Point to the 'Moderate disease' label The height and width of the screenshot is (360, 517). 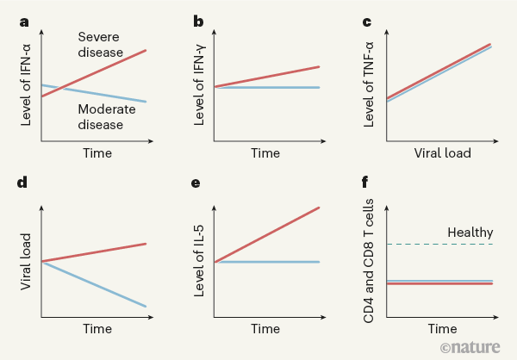(112, 116)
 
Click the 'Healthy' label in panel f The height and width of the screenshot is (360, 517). (470, 233)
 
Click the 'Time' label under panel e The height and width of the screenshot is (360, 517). (265, 329)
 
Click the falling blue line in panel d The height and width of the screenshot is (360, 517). (95, 283)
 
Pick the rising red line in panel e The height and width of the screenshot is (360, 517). (267, 234)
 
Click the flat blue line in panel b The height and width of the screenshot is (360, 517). (267, 87)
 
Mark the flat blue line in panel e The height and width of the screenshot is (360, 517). (267, 262)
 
